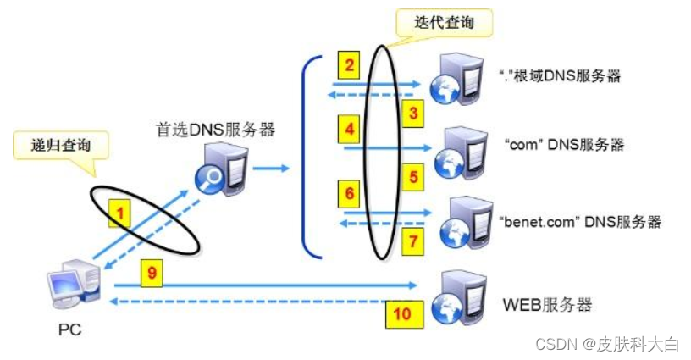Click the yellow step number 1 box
pos(120,215)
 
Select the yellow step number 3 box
pos(412,113)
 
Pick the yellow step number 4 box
pos(348,130)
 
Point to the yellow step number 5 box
pos(412,179)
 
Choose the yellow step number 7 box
pos(412,241)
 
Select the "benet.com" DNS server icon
pos(455,219)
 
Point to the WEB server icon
pos(455,296)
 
